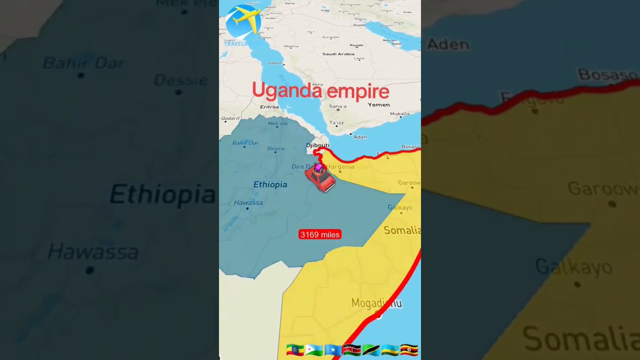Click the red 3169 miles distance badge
pos(319,234)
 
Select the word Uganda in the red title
pos(281,91)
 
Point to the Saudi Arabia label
pos(338,54)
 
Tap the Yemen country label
pos(378,105)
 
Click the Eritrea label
pos(269,107)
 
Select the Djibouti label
pos(318,145)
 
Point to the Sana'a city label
pos(337,106)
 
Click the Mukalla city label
pos(399,114)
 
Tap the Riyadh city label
pos(356,45)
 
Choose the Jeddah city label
pos(274,63)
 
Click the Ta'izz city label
pos(336,123)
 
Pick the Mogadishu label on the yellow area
pos(376,303)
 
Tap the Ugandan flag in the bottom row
pos(409,350)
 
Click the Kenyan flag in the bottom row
pos(351,350)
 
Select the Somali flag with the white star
pos(332,350)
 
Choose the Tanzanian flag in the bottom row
pos(370,350)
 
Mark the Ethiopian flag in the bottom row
pos(294,350)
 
